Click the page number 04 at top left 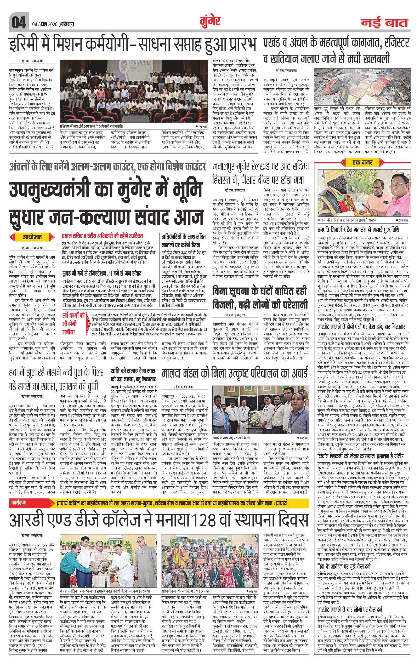coord(19,22)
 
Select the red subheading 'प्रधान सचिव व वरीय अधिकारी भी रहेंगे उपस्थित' coord(103,236)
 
